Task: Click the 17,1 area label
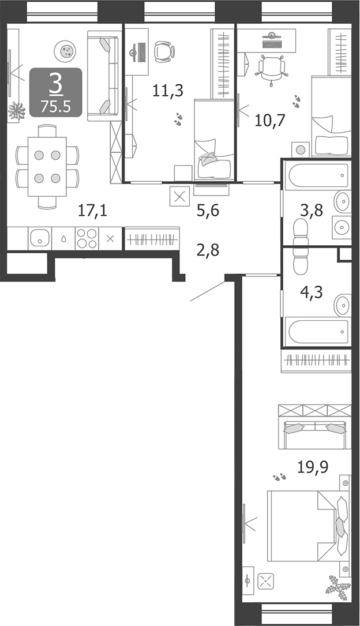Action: (92, 211)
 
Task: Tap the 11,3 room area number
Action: (168, 91)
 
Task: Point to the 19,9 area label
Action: (313, 466)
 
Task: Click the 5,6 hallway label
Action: (208, 211)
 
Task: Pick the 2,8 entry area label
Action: (208, 250)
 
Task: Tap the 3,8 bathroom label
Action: (312, 210)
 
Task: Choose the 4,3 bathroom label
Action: (312, 292)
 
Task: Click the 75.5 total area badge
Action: (55, 107)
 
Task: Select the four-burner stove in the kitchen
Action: (87, 239)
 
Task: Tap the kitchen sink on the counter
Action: (40, 239)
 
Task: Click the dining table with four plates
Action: (47, 167)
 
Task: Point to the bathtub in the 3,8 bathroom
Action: (317, 174)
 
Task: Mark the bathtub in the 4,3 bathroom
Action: (317, 331)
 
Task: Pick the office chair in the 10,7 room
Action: (272, 68)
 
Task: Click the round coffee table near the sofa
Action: (65, 51)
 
